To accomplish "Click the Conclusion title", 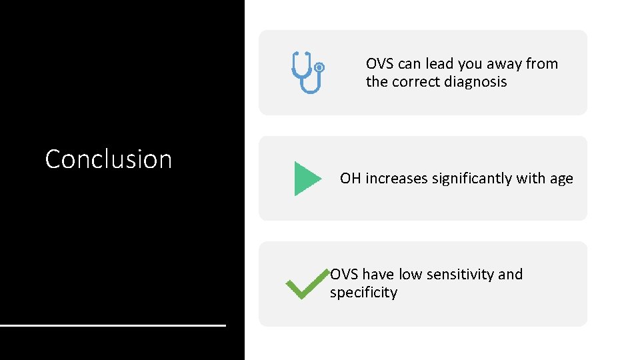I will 108,159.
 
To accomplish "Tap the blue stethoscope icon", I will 307,73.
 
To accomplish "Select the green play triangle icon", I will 307,179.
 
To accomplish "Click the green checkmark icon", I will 307,285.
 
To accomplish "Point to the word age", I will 561,179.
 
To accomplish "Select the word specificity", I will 363,293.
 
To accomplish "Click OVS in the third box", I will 345,275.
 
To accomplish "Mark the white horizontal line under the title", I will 113,325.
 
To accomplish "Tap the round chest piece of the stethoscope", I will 319,67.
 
